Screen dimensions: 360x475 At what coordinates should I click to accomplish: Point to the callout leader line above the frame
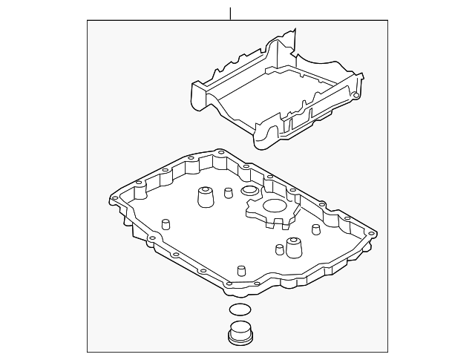tap(231, 13)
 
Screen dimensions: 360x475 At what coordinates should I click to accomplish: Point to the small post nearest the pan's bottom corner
tap(240, 270)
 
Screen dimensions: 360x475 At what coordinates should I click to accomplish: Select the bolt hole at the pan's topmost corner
tap(220, 154)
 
